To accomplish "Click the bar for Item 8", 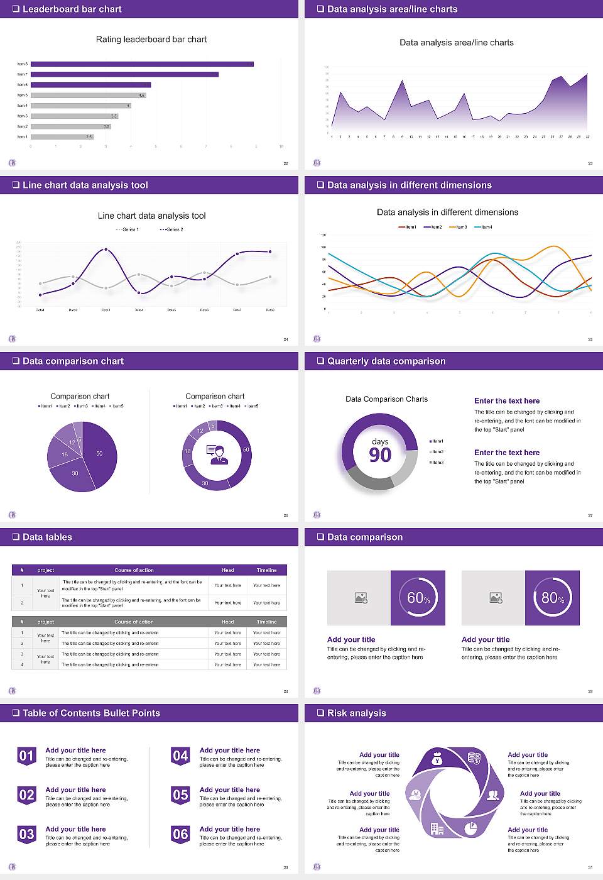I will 142,64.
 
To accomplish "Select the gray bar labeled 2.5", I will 62,136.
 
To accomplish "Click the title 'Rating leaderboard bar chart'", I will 151,40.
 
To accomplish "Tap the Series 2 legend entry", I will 171,229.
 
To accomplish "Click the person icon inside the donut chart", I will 217,454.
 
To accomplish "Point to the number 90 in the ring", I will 380,455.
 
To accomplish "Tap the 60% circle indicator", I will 418,598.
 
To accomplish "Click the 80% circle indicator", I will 553,598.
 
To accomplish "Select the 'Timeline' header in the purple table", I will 266,570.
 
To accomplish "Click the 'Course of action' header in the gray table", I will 134,622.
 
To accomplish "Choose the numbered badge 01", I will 26,756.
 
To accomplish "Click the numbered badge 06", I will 180,834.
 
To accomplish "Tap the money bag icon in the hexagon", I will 438,760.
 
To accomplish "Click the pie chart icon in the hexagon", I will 470,828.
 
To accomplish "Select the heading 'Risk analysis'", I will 356,713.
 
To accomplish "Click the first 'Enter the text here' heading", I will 506,401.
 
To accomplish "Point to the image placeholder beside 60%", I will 361,598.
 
